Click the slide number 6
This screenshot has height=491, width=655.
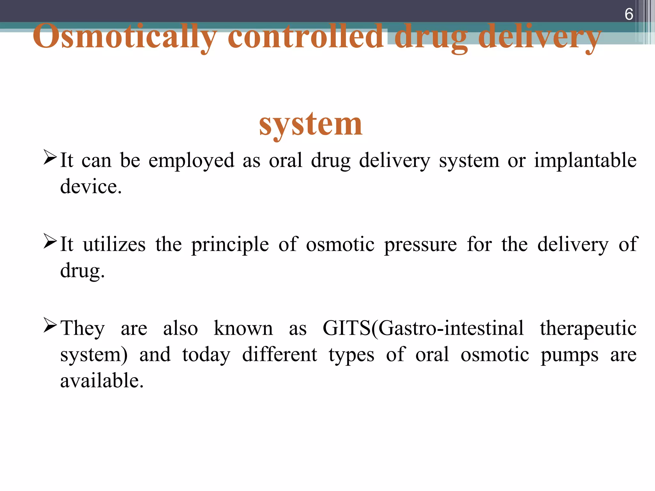point(628,14)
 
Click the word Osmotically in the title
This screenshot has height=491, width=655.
point(125,37)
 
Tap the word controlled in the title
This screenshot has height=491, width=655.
point(305,37)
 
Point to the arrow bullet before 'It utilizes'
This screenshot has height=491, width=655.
point(50,241)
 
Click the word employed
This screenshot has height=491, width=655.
point(191,160)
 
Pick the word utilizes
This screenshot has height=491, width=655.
point(114,245)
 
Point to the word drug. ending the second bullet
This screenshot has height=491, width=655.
point(82,271)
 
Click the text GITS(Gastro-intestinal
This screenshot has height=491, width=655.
point(423,328)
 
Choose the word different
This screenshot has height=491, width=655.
point(280,355)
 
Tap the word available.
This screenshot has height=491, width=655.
point(102,381)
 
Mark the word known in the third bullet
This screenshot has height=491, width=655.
point(243,328)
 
